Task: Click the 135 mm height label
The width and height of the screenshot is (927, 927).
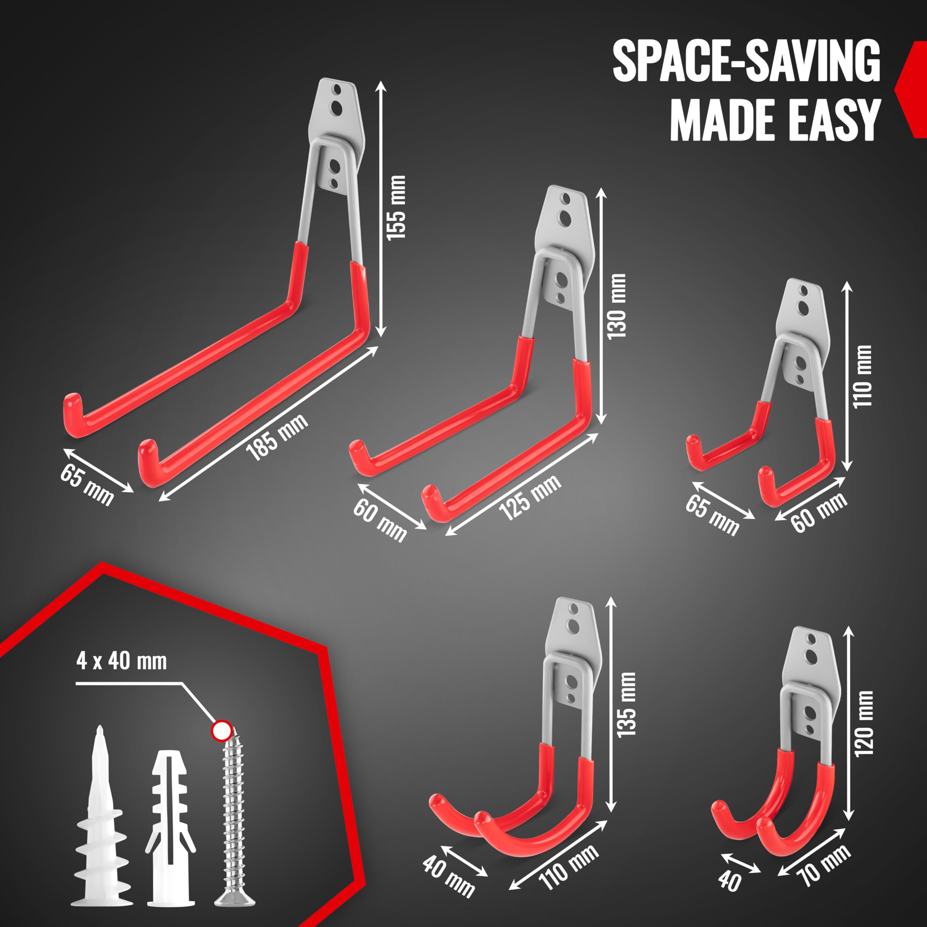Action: tap(627, 704)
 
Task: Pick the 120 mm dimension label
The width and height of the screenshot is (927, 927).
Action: tap(864, 723)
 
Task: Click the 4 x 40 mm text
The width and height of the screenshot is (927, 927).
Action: tap(121, 661)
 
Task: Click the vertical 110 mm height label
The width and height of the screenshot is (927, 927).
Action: tap(862, 376)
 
